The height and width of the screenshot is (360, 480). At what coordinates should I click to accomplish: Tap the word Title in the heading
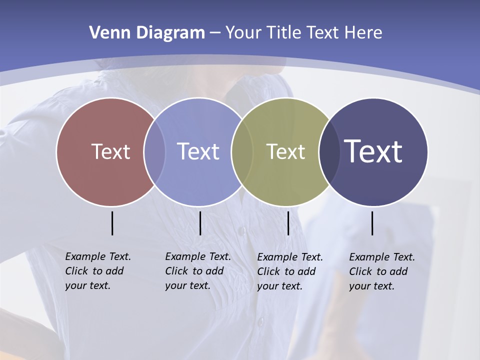point(284,33)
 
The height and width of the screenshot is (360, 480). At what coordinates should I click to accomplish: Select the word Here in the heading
point(363,33)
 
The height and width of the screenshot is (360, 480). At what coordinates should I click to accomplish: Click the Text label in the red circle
point(110,151)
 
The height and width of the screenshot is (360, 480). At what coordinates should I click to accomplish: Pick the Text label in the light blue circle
point(198,151)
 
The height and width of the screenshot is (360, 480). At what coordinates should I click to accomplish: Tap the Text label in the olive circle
point(285,151)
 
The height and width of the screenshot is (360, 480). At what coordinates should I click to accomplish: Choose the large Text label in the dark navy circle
point(373,151)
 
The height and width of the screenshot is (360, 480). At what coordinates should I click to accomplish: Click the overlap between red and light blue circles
point(154,151)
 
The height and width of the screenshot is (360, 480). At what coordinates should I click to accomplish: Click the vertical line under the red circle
point(112,223)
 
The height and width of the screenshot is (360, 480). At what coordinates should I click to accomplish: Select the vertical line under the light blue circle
point(200,223)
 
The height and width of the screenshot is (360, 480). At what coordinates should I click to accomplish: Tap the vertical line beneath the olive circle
point(288,223)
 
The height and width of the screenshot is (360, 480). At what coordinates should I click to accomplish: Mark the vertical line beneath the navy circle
point(372,223)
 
